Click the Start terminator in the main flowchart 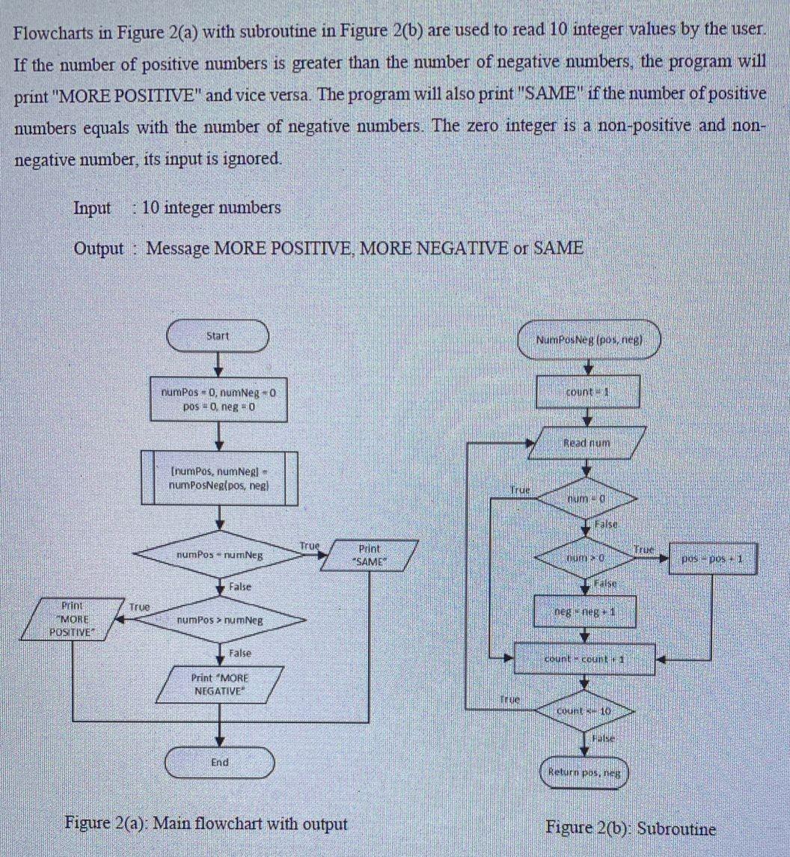coord(218,336)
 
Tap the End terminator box coord(220,763)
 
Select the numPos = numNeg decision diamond coord(220,555)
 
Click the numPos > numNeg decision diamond coord(220,620)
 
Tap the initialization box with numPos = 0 coord(219,399)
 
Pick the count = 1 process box coord(587,391)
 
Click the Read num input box coord(587,443)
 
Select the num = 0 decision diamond coord(587,497)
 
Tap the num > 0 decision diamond coord(587,558)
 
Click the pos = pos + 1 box coord(714,558)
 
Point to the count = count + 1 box coord(587,660)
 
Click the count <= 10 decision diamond coord(587,708)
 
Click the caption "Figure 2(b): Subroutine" coord(630,828)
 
